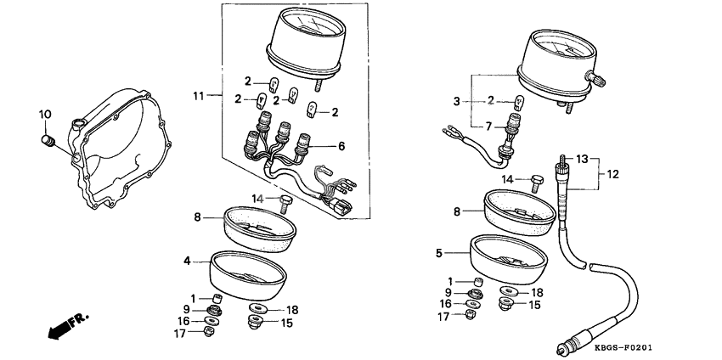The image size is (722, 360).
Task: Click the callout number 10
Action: (x=45, y=114)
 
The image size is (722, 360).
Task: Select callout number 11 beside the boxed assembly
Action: (x=199, y=96)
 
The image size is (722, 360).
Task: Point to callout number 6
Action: (x=341, y=146)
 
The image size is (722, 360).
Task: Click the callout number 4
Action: (x=187, y=262)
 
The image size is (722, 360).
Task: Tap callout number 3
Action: (x=456, y=101)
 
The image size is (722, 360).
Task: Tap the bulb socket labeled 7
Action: (x=513, y=132)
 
